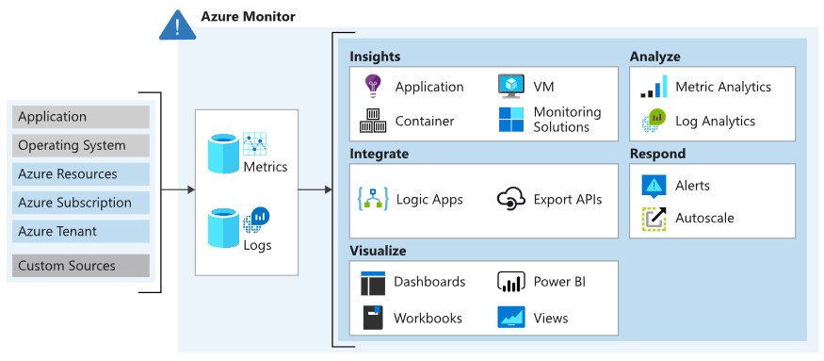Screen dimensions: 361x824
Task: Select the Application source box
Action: (x=82, y=117)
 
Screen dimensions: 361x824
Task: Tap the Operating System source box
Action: (x=82, y=145)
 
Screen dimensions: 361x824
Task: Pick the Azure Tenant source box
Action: (x=82, y=231)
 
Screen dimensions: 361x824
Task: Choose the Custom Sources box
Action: (x=82, y=266)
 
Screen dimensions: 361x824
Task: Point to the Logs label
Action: (x=257, y=245)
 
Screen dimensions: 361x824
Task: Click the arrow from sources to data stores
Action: (x=177, y=189)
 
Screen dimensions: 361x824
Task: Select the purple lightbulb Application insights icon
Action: (x=373, y=86)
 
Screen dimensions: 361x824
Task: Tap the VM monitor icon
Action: (x=510, y=86)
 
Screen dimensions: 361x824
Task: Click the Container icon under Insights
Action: (x=373, y=121)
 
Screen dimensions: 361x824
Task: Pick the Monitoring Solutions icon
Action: (x=510, y=120)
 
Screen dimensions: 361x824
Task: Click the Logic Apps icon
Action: (x=373, y=199)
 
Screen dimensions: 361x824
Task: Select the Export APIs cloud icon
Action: (x=510, y=199)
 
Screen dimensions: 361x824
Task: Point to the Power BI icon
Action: (x=510, y=282)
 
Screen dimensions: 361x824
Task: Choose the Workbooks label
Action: (x=428, y=318)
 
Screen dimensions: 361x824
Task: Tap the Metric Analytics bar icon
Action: (x=654, y=88)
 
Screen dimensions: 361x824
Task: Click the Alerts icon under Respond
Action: (x=654, y=186)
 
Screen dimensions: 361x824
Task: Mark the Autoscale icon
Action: (x=654, y=219)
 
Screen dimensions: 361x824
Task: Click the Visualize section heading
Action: (x=378, y=252)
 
